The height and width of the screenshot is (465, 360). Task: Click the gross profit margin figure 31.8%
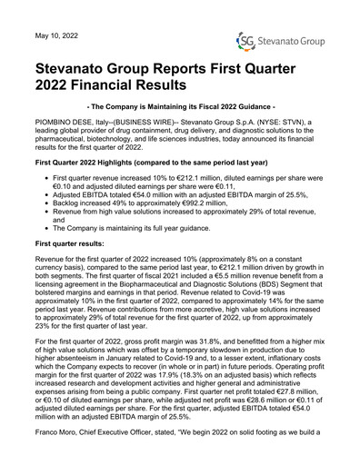pos(205,391)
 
